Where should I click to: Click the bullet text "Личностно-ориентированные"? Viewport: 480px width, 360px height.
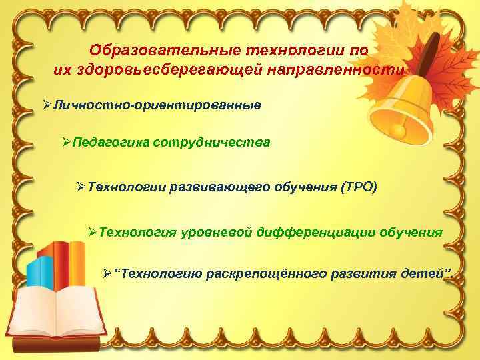(x=157, y=106)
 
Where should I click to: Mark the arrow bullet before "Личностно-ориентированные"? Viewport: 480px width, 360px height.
(x=47, y=106)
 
